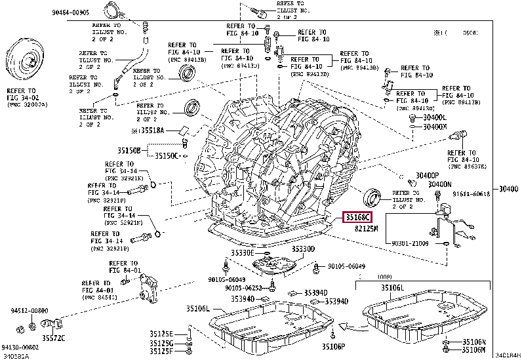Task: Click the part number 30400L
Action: coord(433,117)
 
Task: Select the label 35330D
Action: coord(303,249)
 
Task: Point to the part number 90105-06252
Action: coord(245,288)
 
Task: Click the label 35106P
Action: coord(334,346)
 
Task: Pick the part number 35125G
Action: coord(160,343)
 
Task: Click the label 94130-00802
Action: coord(19,348)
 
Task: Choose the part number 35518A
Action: coord(158,130)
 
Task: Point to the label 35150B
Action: coord(130,150)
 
